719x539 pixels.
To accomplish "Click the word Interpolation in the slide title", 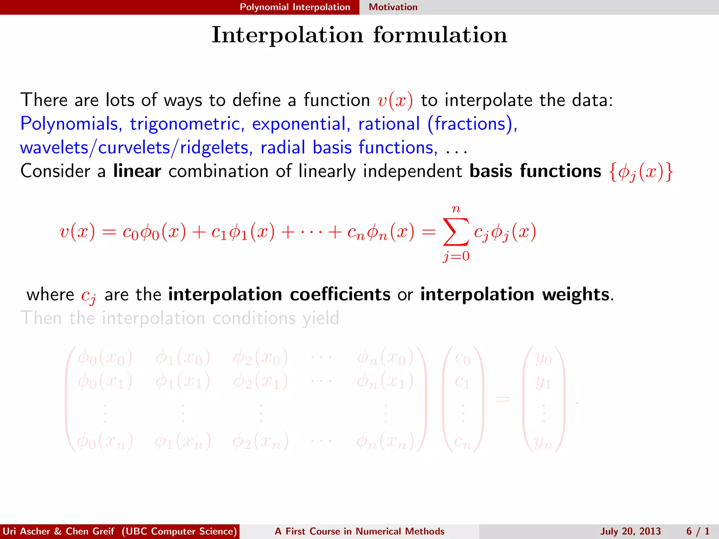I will click(x=287, y=35).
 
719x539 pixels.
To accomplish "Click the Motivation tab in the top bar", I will click(x=393, y=7).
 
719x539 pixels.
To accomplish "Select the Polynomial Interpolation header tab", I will click(x=295, y=7).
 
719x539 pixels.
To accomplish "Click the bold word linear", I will click(x=137, y=171).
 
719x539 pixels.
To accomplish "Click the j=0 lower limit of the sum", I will click(x=456, y=256).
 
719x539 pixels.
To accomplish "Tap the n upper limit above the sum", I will click(x=456, y=209).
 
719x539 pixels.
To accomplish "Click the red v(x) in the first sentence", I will click(x=395, y=101).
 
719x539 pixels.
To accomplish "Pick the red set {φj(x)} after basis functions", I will click(x=641, y=172).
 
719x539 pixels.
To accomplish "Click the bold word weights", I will click(x=575, y=294).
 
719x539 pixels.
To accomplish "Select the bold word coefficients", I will click(x=340, y=294).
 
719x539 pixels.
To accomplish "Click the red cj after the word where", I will click(x=88, y=296).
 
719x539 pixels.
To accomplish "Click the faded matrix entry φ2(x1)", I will click(x=260, y=381).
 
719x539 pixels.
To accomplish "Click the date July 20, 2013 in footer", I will click(x=630, y=531).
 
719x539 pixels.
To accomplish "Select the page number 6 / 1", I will click(x=698, y=531).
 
